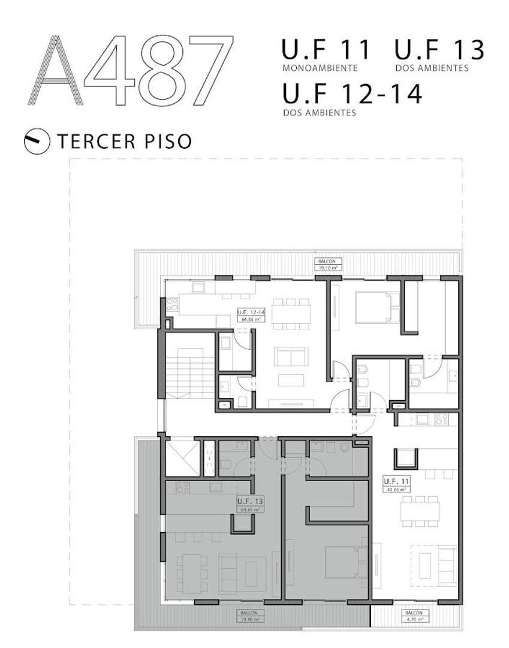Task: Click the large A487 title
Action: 131,70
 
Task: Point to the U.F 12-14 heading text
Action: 351,94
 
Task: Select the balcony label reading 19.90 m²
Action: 252,616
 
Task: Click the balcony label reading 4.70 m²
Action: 414,616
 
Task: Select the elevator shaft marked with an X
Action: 180,458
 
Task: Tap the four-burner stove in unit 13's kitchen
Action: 182,487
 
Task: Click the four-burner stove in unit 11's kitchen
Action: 441,419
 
